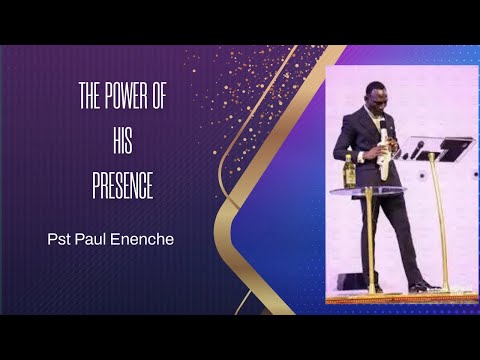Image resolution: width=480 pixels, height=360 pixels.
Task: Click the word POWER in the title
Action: pos(127,98)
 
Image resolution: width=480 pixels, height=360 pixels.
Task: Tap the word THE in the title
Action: pos(90,98)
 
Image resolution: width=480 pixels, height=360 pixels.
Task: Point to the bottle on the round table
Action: pos(350,171)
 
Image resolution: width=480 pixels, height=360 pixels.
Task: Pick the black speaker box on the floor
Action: pos(352,282)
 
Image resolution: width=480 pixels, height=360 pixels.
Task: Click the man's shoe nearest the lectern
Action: pos(421,287)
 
